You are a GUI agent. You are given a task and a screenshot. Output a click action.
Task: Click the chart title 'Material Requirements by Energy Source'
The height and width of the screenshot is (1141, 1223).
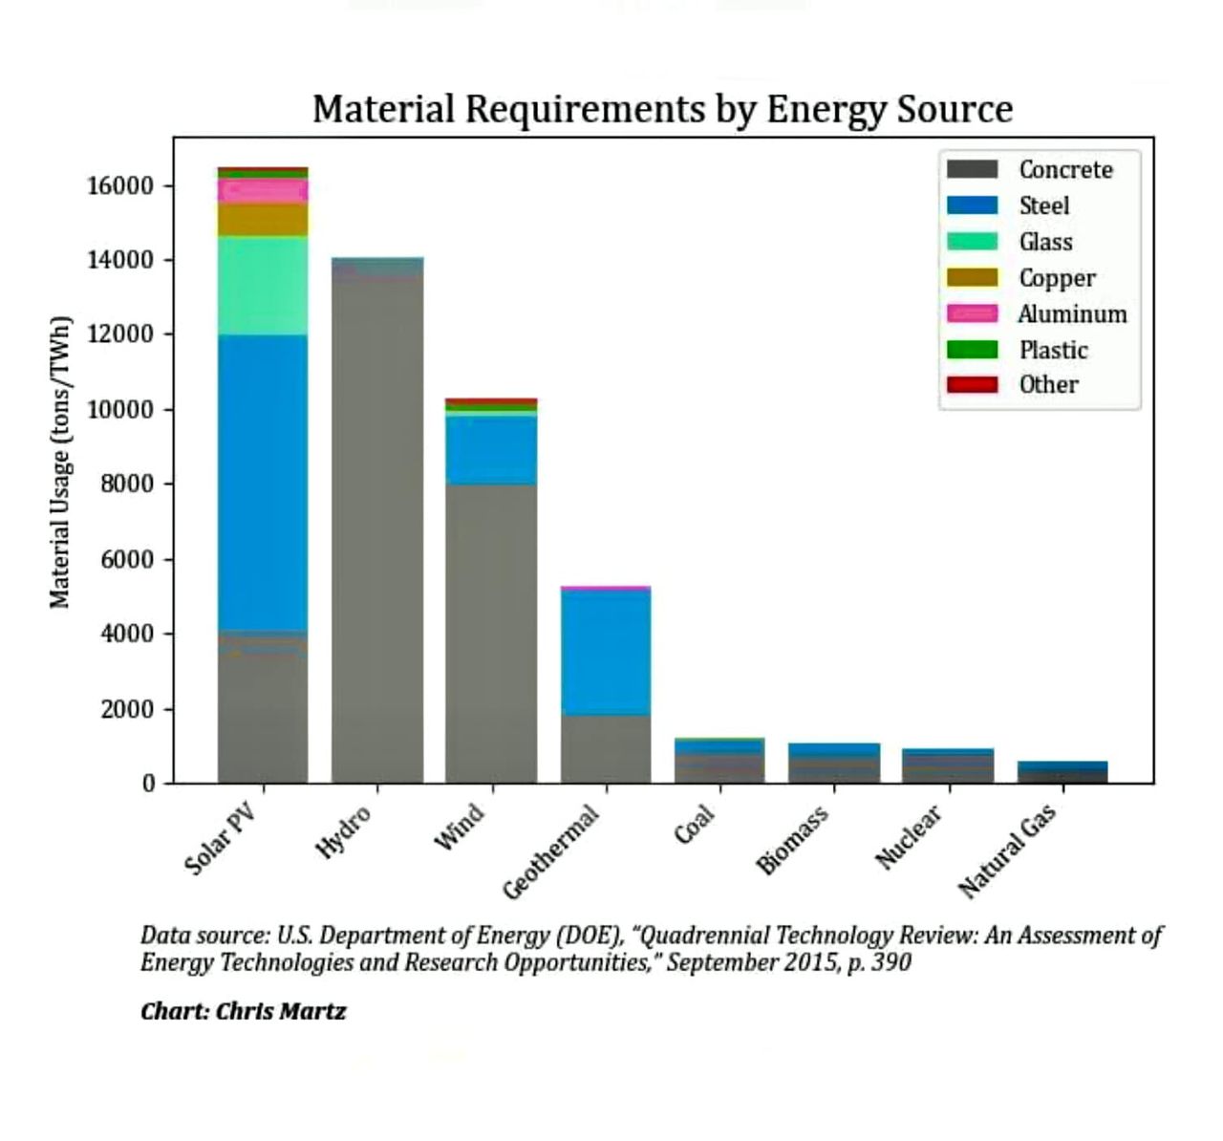(662, 110)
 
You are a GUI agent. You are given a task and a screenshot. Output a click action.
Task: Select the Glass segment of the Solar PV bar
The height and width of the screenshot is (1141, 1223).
(263, 285)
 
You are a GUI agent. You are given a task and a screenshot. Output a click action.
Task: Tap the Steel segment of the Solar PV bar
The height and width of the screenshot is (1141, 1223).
(263, 483)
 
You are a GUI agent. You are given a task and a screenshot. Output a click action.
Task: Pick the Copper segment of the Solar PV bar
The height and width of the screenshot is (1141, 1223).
(263, 219)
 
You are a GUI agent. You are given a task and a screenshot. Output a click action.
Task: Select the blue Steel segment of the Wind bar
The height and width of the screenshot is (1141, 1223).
(491, 450)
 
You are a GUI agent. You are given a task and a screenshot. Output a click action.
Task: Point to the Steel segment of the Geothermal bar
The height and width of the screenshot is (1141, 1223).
(606, 652)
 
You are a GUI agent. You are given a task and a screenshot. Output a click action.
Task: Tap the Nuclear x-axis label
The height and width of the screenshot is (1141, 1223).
(910, 837)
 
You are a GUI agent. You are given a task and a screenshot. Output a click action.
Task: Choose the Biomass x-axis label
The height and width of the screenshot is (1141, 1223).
(793, 840)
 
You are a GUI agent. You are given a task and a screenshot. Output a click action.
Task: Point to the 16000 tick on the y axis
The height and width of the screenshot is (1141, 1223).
(120, 185)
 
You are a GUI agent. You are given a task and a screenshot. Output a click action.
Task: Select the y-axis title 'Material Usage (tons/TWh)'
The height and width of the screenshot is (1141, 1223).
(60, 461)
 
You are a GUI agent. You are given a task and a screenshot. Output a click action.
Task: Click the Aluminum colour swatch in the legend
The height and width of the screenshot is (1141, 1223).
(972, 313)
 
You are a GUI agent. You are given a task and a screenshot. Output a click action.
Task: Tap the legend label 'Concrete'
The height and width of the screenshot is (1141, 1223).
(1065, 170)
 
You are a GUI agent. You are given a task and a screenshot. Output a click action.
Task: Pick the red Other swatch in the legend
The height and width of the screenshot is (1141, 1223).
(972, 384)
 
